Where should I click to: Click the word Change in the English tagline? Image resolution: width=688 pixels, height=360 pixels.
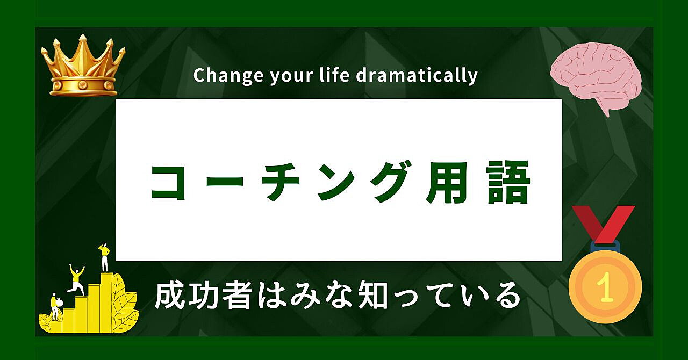click(x=228, y=76)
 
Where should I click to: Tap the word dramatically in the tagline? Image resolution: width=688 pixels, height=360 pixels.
click(x=417, y=75)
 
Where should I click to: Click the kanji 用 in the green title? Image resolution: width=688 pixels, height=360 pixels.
click(x=445, y=183)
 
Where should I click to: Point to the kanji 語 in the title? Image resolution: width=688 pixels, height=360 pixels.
click(x=508, y=183)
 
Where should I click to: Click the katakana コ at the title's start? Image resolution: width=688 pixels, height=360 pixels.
click(x=168, y=183)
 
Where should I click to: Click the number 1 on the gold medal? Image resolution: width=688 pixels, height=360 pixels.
click(x=605, y=287)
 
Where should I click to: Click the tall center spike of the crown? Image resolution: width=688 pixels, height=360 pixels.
click(x=83, y=52)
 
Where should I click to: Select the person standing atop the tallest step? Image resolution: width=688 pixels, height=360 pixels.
click(x=105, y=257)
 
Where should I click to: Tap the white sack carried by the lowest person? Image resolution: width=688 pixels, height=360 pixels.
click(x=59, y=303)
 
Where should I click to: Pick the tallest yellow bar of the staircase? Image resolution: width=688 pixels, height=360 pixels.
click(x=107, y=303)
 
